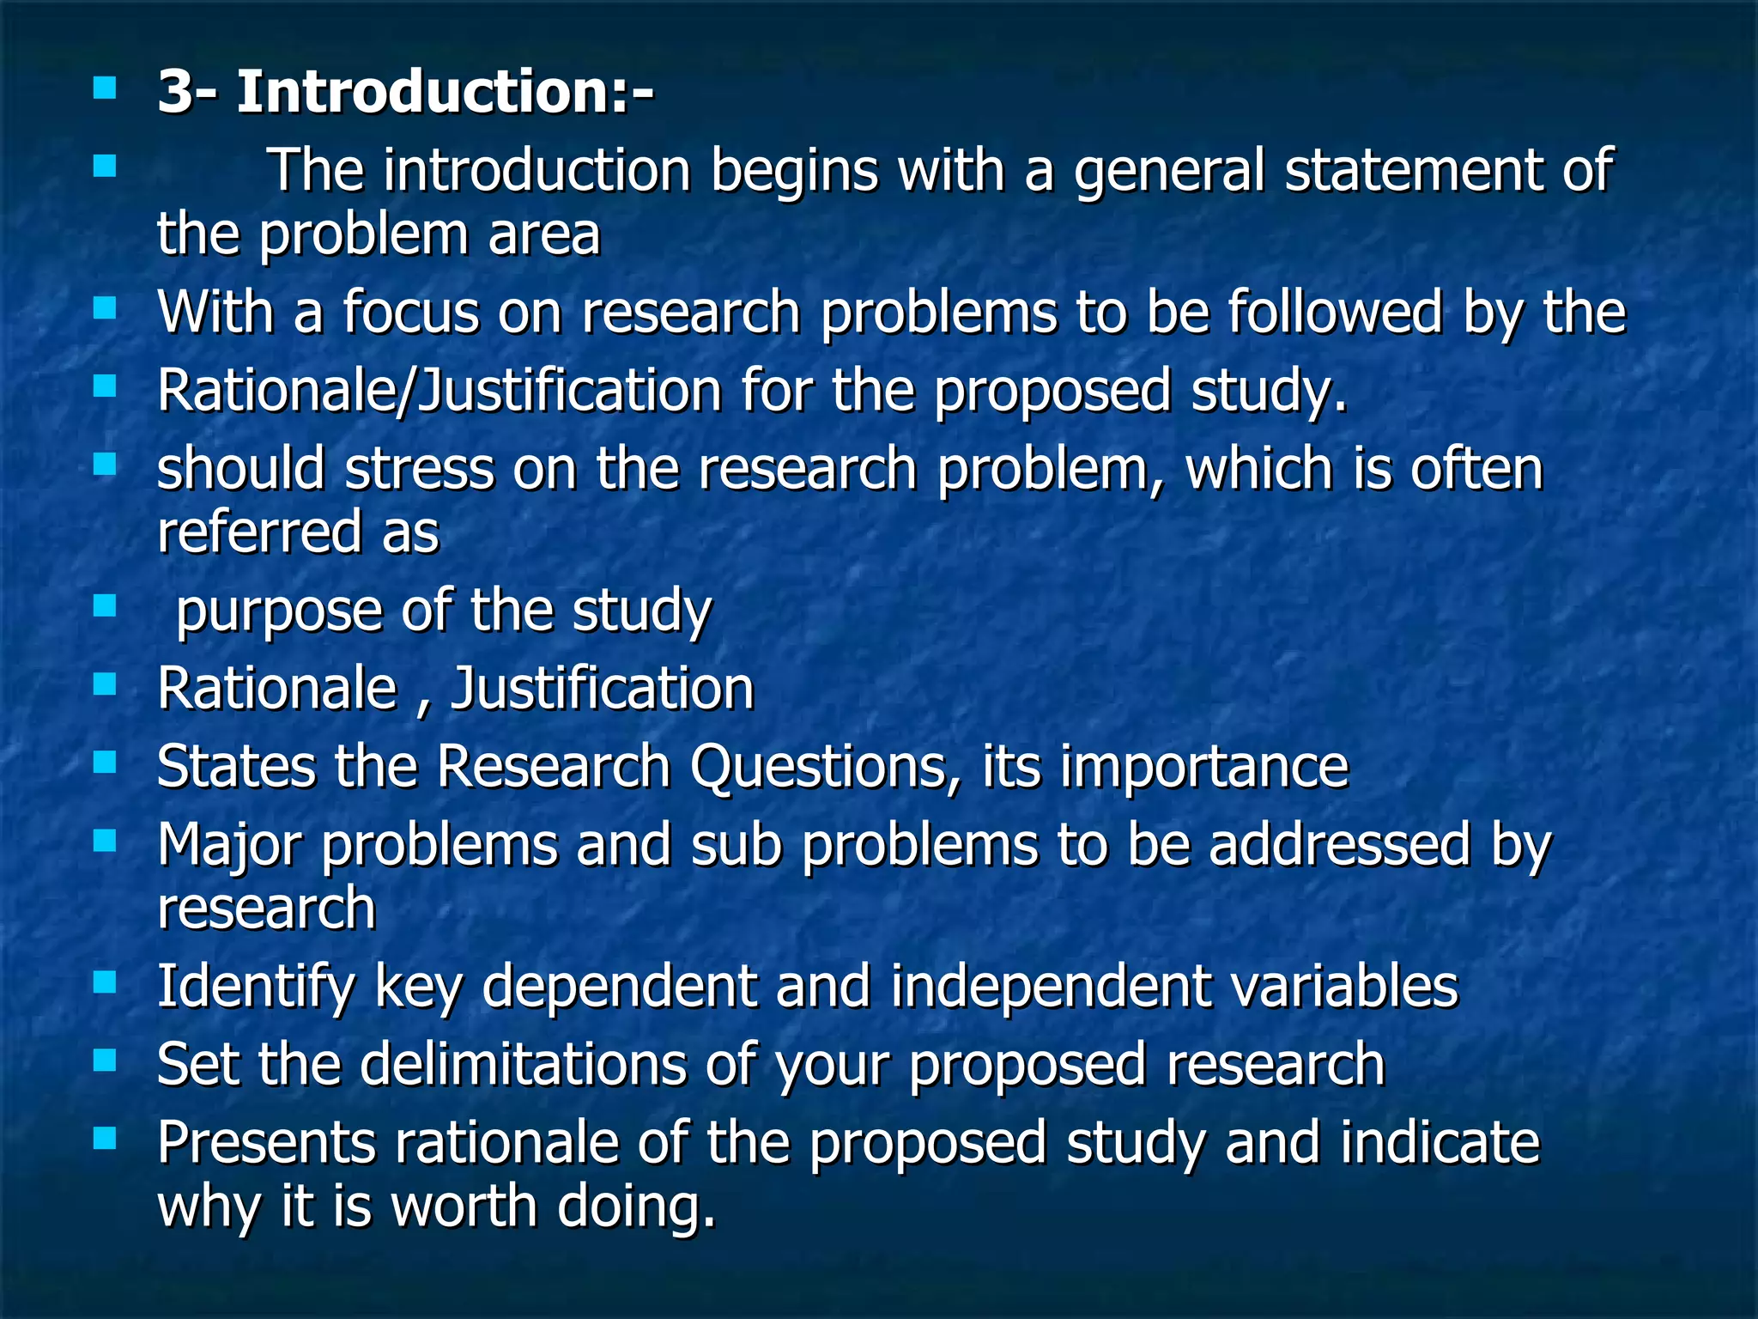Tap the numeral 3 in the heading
[x=175, y=92]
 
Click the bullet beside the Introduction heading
[x=105, y=88]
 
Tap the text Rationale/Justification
[x=439, y=391]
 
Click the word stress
[x=420, y=469]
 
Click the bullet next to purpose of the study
[x=105, y=606]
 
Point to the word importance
[x=1204, y=766]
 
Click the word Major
[x=229, y=845]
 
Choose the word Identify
[x=255, y=986]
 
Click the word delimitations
[x=523, y=1064]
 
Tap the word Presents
[x=267, y=1143]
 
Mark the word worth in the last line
[x=464, y=1206]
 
